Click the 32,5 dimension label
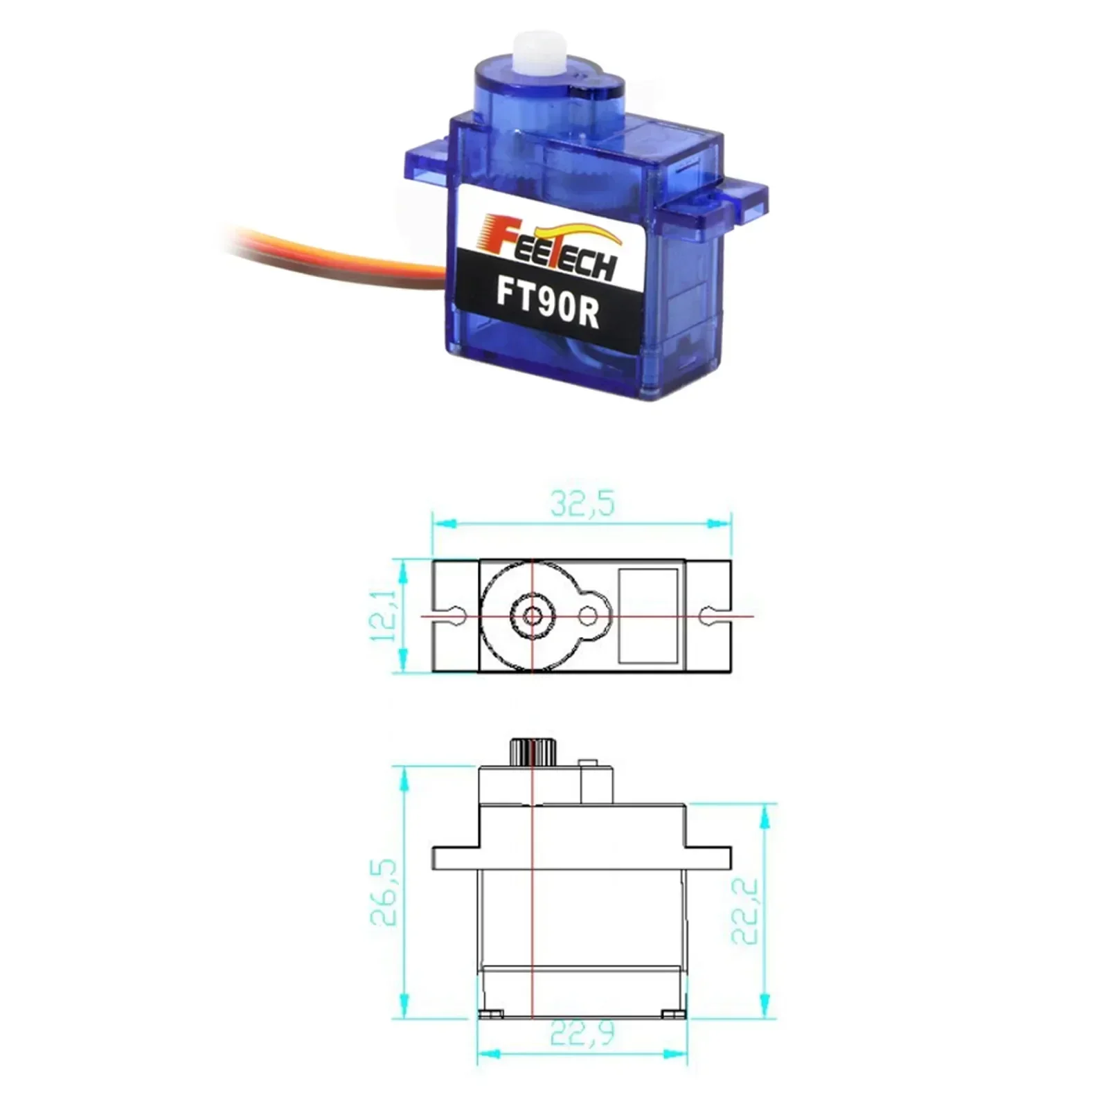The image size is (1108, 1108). pos(582,504)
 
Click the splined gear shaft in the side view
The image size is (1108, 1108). pos(530,752)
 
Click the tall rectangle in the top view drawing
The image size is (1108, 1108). pos(647,615)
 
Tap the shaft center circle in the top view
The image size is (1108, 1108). pos(532,615)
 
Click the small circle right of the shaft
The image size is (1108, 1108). pos(588,615)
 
